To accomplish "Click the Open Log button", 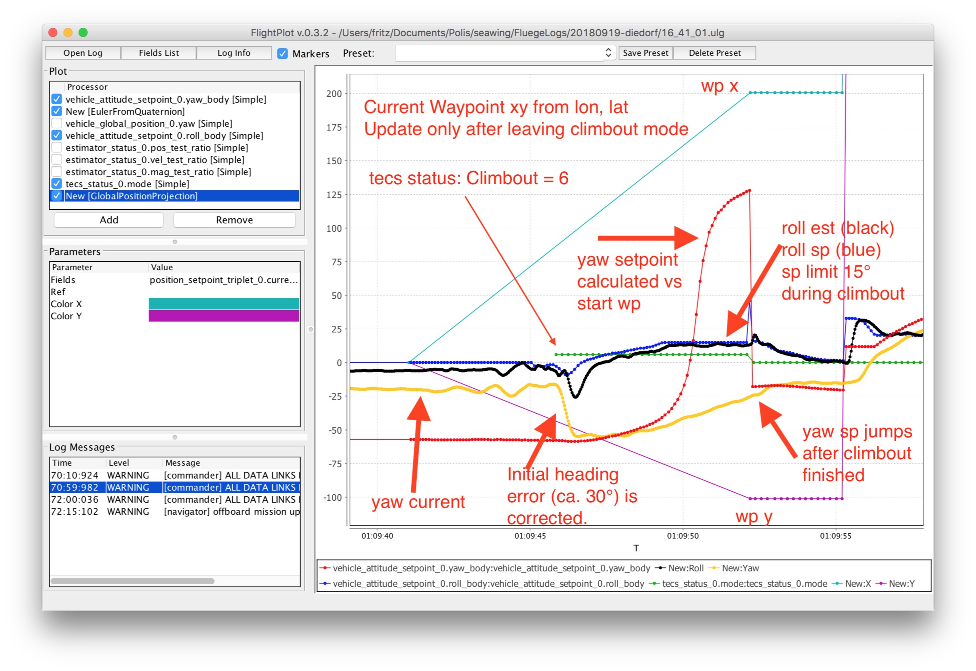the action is point(83,53).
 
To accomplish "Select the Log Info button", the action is point(234,53).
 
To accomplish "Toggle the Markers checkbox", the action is point(283,53).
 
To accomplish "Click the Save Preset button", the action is point(646,53).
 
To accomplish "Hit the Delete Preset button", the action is point(715,53).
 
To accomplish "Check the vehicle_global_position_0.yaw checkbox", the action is point(57,124).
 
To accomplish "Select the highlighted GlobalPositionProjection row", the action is point(175,196).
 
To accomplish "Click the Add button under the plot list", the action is point(109,220).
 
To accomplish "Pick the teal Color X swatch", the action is point(224,304).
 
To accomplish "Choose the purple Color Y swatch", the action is point(224,316).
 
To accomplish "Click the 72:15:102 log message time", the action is point(74,512).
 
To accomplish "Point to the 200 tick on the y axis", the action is point(334,94).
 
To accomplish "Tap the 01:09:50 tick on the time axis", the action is point(683,536).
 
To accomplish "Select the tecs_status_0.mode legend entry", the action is point(738,584).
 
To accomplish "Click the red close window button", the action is point(53,32).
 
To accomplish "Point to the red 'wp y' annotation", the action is point(754,517).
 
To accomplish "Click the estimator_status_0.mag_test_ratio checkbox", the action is point(57,172).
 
